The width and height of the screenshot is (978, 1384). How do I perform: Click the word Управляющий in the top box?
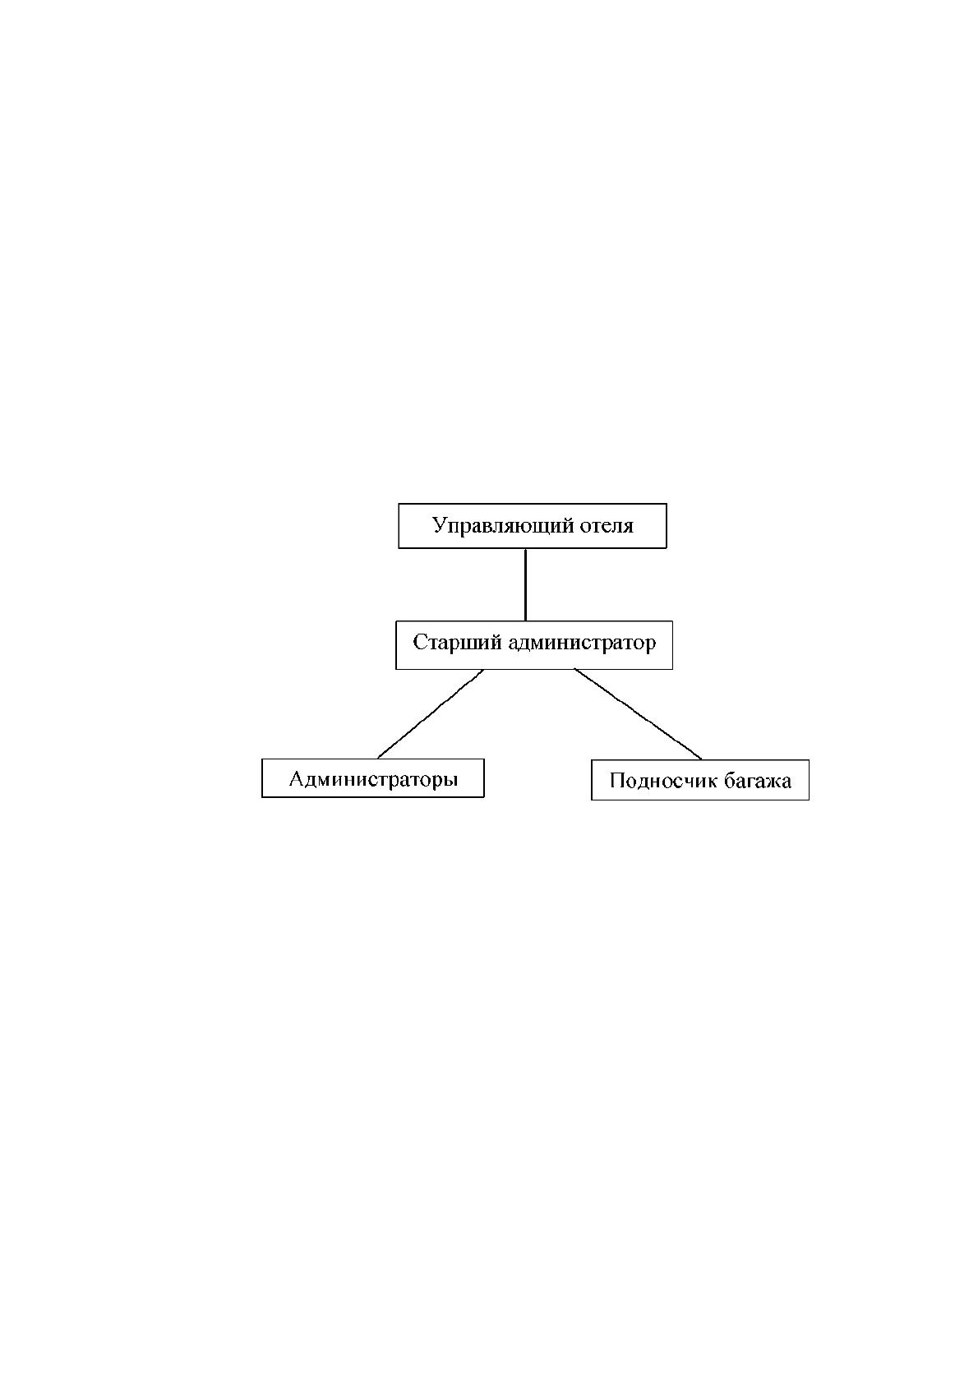pos(503,527)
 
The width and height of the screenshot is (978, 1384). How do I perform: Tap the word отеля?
pos(607,527)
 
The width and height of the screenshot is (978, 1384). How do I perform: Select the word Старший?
pos(457,643)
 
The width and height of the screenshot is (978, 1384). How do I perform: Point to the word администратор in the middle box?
pos(582,644)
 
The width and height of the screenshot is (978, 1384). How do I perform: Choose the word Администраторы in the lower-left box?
pos(374,779)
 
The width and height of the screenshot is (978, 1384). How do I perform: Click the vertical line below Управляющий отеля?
pos(525,584)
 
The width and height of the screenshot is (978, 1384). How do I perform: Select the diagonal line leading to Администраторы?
pos(431,713)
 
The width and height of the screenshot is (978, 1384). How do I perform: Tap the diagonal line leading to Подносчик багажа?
pos(639,714)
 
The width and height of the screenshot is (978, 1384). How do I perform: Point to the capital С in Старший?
pos(420,643)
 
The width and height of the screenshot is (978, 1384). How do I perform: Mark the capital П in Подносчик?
pos(618,781)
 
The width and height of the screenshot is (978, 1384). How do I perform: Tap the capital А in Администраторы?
pos(298,778)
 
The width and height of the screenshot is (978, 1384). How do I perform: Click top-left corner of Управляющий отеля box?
pos(399,504)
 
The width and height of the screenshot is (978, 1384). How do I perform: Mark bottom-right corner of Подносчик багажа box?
pos(809,800)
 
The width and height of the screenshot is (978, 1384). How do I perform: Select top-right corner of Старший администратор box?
pos(672,621)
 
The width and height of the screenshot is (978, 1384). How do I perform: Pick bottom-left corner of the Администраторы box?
pos(262,797)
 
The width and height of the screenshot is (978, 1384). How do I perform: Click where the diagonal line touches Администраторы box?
pos(377,759)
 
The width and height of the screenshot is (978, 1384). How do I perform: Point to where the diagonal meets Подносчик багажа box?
pos(702,760)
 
